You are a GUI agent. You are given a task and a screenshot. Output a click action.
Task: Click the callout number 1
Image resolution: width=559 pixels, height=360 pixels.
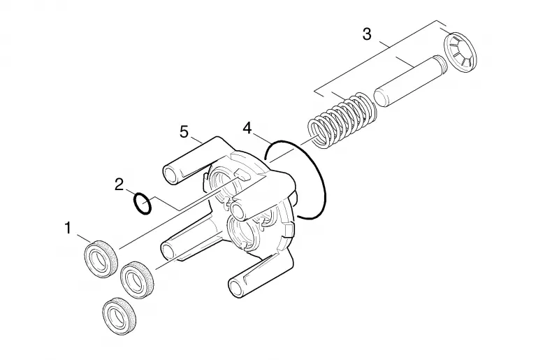(68, 228)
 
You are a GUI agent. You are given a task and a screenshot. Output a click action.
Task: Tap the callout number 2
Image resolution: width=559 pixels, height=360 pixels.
(119, 185)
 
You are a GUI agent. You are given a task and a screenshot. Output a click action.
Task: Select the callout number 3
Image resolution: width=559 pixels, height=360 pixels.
(367, 34)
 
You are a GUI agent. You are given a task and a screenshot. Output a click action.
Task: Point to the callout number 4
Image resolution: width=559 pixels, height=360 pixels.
(247, 128)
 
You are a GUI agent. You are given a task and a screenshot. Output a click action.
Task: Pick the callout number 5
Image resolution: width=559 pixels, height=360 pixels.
(184, 132)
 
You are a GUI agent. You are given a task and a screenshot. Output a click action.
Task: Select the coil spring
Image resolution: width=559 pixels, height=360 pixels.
(342, 119)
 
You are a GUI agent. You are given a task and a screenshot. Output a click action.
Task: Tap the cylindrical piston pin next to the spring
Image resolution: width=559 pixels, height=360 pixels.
(410, 81)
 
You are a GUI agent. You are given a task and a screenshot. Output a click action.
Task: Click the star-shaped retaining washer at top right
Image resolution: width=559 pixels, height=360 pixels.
(460, 53)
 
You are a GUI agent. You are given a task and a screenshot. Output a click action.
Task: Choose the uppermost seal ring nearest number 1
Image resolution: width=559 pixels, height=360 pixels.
(101, 259)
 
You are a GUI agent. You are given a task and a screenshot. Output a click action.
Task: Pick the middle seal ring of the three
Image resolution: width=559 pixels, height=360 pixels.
(137, 280)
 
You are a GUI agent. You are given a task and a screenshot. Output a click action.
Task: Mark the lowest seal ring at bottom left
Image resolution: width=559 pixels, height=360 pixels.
(119, 315)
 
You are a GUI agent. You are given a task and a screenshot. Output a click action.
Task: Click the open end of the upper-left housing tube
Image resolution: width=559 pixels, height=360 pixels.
(171, 175)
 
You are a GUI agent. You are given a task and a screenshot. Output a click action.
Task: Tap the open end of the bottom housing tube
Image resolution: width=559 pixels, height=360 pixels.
(236, 287)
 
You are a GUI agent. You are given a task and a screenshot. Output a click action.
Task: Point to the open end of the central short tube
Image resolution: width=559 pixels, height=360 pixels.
(239, 211)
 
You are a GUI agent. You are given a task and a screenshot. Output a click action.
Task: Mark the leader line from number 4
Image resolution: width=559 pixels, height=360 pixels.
(261, 138)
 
